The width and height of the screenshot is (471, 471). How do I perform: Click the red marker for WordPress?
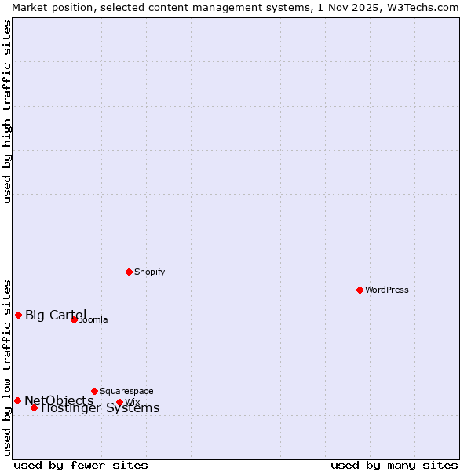[x=360, y=290]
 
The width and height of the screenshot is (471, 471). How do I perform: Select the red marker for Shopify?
[x=129, y=272]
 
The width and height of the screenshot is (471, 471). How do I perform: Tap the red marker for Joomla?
[x=74, y=319]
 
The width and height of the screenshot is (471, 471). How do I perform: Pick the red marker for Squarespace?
[x=94, y=391]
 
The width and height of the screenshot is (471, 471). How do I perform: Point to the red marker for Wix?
[x=119, y=402]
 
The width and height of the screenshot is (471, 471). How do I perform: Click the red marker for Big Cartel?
[x=18, y=315]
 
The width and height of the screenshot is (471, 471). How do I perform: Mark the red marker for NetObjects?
[x=17, y=400]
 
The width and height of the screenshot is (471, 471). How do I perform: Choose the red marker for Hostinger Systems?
[x=34, y=407]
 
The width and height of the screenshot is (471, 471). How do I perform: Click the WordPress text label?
[x=387, y=290]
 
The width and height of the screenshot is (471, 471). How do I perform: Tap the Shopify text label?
[x=149, y=272]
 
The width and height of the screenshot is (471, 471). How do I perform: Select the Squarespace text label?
[x=126, y=391]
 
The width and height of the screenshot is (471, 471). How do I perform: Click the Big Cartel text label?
[x=56, y=316]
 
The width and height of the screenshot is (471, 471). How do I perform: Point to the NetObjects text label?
[x=59, y=401]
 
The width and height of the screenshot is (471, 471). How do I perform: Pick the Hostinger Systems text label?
[x=100, y=408]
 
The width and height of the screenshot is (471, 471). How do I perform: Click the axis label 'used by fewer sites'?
[x=81, y=465]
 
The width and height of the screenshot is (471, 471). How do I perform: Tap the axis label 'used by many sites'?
[x=394, y=465]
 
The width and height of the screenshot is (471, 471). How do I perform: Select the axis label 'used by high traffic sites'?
[x=7, y=111]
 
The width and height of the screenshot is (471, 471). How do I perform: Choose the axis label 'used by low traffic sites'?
[x=7, y=367]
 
